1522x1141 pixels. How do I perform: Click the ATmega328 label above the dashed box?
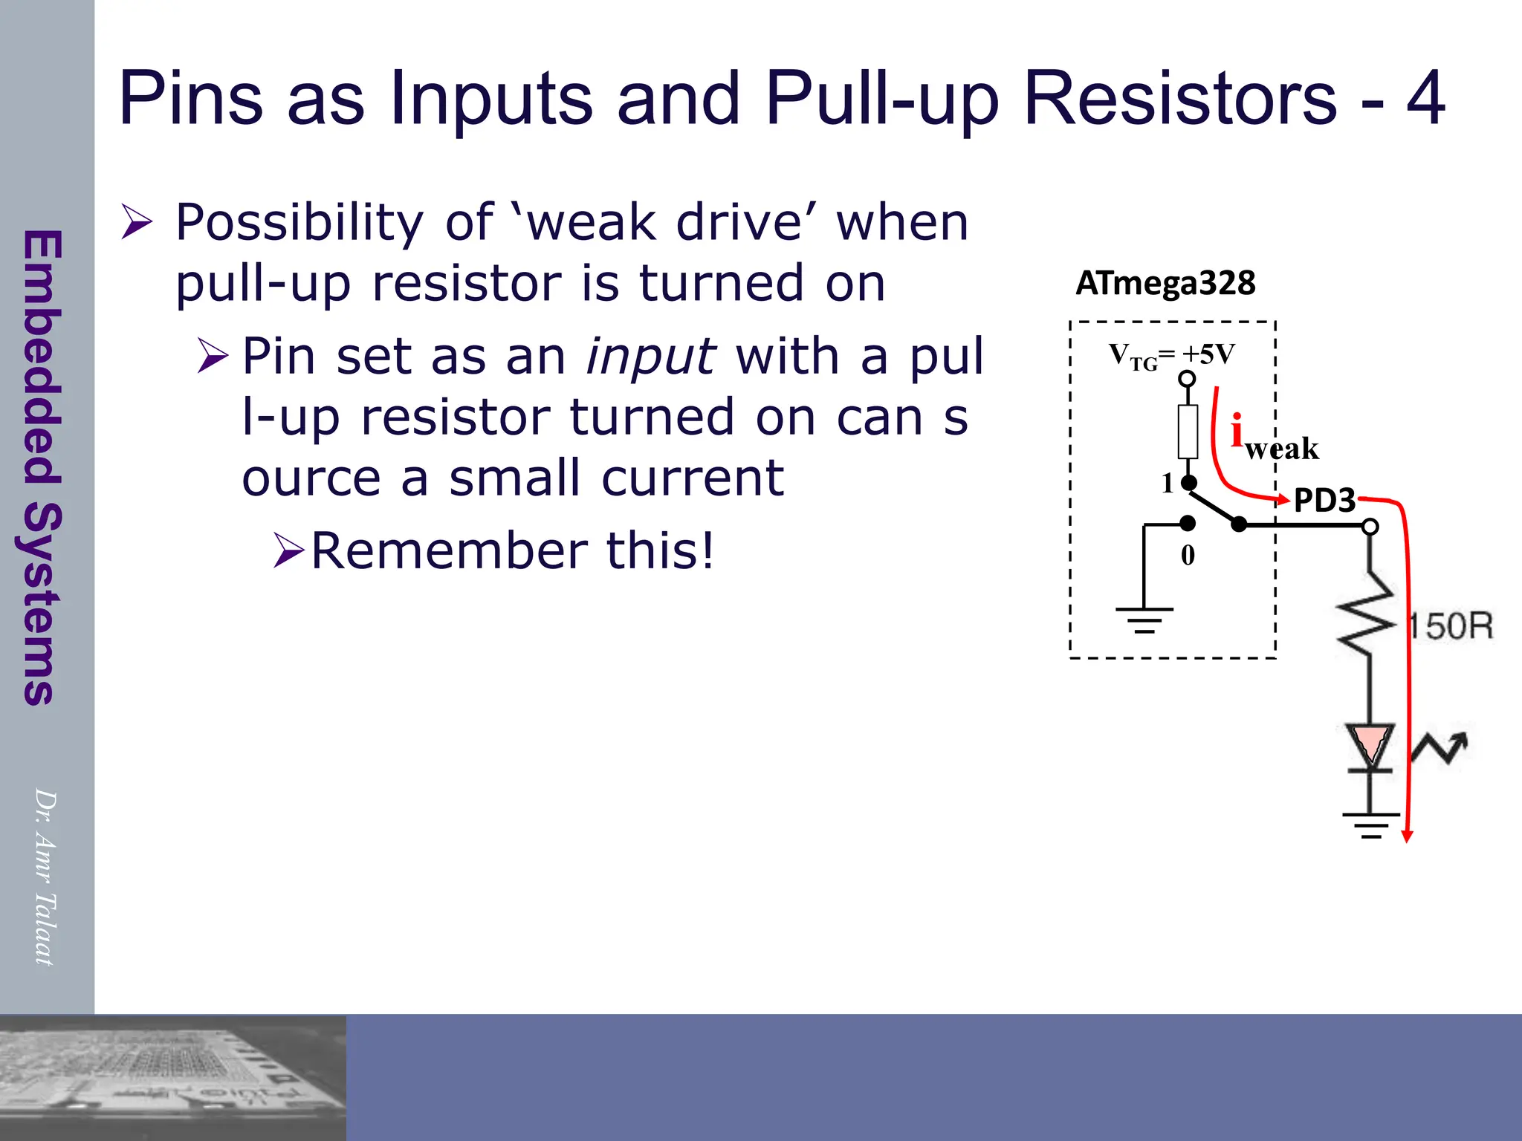[1165, 283]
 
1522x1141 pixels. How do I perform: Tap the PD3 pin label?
[1324, 501]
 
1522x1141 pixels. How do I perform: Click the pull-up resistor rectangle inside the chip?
[1188, 431]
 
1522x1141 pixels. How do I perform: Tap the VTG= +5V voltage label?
[1172, 356]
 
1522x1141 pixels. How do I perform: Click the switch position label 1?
[1168, 484]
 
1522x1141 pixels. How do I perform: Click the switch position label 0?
[1188, 555]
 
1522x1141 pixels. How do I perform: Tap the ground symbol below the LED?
[1370, 825]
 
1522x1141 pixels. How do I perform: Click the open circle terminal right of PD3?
[1371, 527]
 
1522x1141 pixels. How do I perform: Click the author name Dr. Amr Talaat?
[45, 877]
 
